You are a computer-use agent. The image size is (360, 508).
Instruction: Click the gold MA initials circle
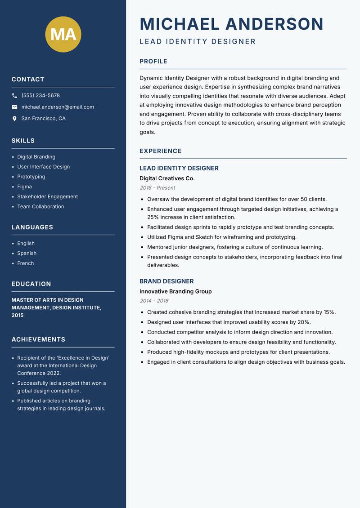click(63, 34)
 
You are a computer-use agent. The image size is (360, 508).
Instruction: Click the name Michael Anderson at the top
click(231, 24)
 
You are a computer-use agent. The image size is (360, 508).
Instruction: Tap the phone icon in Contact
click(15, 96)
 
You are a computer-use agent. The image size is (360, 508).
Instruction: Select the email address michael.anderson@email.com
click(58, 107)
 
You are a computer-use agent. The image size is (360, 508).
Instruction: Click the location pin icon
click(15, 119)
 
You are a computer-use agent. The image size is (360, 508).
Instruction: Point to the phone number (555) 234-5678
click(40, 96)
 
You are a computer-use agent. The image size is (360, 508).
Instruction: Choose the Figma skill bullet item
click(25, 187)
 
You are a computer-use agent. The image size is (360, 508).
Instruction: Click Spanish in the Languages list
click(27, 254)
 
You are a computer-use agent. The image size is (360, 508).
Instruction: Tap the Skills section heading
click(23, 141)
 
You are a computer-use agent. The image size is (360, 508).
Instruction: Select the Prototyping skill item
click(31, 177)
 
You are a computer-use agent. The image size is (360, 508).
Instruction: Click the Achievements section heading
click(38, 339)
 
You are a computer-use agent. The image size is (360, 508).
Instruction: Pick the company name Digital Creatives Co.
click(167, 178)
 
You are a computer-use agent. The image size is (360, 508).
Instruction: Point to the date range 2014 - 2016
click(153, 301)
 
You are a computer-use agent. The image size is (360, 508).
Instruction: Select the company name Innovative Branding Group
click(175, 291)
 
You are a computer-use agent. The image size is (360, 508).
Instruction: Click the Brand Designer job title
click(166, 281)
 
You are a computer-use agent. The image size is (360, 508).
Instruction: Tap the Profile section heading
click(153, 62)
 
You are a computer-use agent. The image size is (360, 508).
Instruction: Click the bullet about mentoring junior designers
click(235, 247)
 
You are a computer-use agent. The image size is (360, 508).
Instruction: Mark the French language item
click(25, 263)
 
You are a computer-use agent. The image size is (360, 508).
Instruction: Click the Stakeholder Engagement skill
click(47, 196)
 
